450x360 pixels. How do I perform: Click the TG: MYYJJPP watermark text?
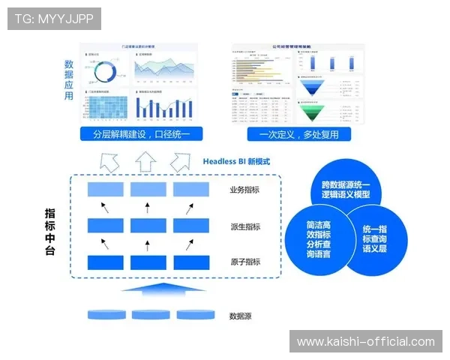coord(54,19)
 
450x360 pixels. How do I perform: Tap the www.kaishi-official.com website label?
coord(366,341)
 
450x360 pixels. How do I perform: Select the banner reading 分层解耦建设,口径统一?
coord(142,135)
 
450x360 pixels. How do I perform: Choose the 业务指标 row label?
coord(245,190)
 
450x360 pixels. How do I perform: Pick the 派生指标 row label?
coord(245,226)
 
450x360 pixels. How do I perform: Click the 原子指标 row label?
coord(245,262)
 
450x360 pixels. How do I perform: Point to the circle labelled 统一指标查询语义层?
coord(374,238)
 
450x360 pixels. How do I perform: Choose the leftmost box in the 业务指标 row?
coord(106,190)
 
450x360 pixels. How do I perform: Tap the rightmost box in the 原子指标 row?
coord(191,262)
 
